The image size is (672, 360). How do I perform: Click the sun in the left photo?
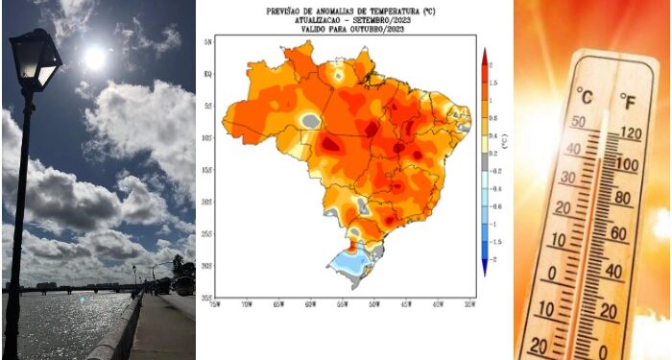click(x=94, y=58)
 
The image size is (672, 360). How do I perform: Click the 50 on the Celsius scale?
click(x=578, y=121)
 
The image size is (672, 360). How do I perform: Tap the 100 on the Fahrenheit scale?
click(x=628, y=165)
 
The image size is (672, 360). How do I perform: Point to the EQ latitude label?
click(x=207, y=72)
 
